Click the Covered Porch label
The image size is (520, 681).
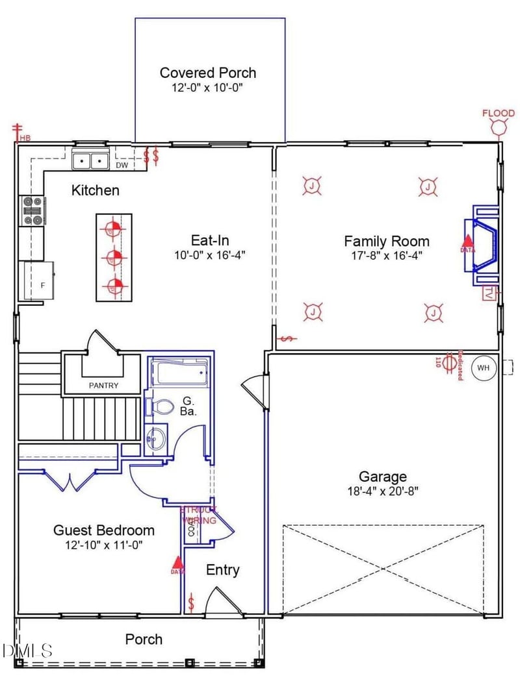208,73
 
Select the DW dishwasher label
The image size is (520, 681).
122,166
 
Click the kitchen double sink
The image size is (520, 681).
90,160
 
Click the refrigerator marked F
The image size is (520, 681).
37,280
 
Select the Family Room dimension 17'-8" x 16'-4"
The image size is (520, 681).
387,255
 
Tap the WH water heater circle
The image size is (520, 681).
483,368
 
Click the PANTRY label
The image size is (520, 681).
104,386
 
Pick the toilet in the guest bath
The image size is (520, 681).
161,406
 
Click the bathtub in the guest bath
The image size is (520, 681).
179,373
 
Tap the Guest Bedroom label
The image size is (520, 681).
104,530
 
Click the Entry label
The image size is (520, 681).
222,570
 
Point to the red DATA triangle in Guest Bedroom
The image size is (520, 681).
176,563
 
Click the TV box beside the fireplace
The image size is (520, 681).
488,293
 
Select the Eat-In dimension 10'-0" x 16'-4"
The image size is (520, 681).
209,254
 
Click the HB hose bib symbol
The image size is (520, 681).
18,132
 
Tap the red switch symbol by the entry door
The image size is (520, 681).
191,602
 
